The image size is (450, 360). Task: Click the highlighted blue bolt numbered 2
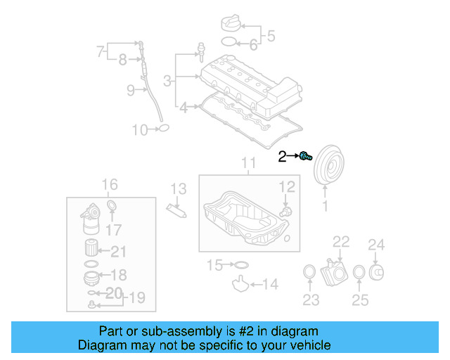click(305, 156)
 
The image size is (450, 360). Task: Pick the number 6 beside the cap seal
click(254, 45)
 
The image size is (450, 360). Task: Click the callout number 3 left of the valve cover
click(167, 82)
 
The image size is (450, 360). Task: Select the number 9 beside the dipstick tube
click(130, 89)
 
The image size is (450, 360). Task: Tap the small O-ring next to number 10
click(163, 129)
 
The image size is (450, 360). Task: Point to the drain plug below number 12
click(285, 211)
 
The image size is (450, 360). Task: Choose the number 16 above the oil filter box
click(110, 185)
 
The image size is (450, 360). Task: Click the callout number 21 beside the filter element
click(119, 252)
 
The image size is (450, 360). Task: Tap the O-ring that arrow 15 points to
click(240, 265)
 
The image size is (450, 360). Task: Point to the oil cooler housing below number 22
click(334, 269)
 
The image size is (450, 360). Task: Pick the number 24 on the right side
click(377, 245)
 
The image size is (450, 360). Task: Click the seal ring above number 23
click(309, 272)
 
